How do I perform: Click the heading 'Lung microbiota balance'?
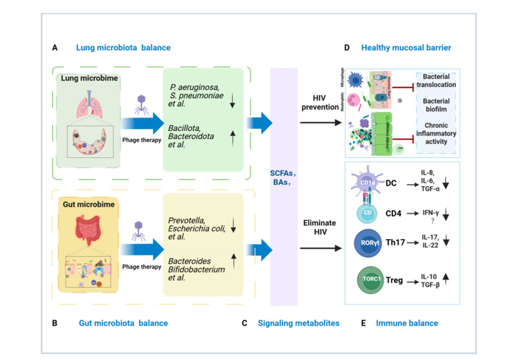(123, 48)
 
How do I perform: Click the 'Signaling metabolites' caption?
(298, 322)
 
